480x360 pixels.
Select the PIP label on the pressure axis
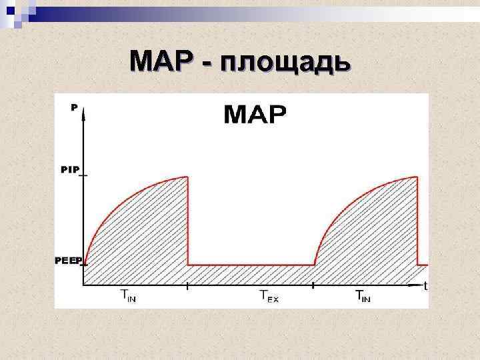pos(70,170)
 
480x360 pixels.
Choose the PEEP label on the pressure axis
pos(67,260)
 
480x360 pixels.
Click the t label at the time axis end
pos(425,287)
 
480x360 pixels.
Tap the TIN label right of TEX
pos(363,296)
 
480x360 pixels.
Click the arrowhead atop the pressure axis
pos(83,113)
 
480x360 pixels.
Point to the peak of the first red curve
pos(187,177)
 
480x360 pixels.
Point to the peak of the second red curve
pos(417,177)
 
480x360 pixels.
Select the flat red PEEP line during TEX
pos(251,265)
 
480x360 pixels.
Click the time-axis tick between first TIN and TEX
pos(188,287)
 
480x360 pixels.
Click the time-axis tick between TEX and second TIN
pos(313,287)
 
